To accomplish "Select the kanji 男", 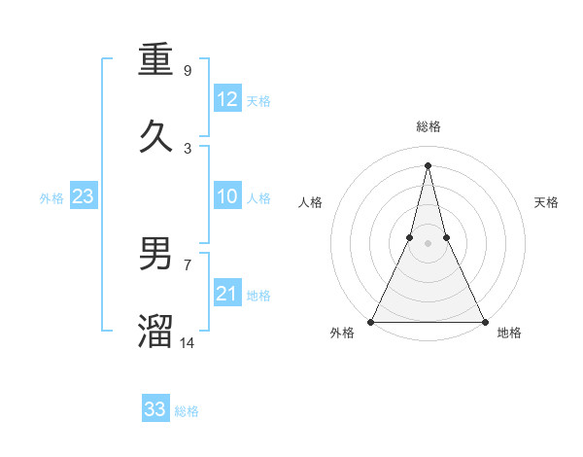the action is tap(155, 254).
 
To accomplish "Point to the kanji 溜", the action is tap(155, 332).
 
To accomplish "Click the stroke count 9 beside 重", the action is tap(188, 71).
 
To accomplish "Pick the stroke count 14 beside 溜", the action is tap(189, 343).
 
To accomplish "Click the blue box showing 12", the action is tap(227, 99).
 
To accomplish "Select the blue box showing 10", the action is tap(227, 196).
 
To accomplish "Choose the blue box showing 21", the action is tap(227, 294).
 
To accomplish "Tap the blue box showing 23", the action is tap(84, 196).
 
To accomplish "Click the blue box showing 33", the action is tap(155, 409).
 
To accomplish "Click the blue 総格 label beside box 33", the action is tap(187, 411).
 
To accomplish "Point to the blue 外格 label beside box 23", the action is tap(51, 198).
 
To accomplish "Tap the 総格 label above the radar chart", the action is tap(429, 126).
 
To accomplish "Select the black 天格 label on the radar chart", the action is tap(547, 202).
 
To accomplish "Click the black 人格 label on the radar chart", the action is tap(310, 202).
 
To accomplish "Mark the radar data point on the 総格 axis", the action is tap(428, 164).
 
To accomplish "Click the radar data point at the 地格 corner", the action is tap(484, 321).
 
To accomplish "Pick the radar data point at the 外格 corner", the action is tap(371, 321).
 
